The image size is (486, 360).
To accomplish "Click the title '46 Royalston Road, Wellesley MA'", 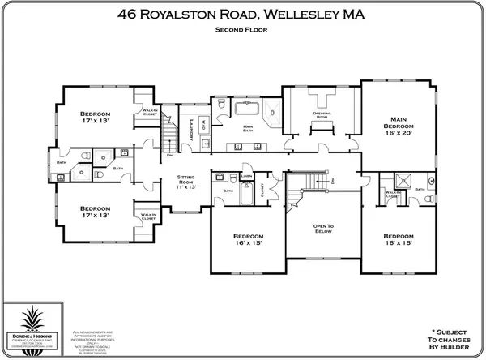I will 243,13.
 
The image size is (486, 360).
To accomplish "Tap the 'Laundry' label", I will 190,126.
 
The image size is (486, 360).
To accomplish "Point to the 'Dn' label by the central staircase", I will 332,182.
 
